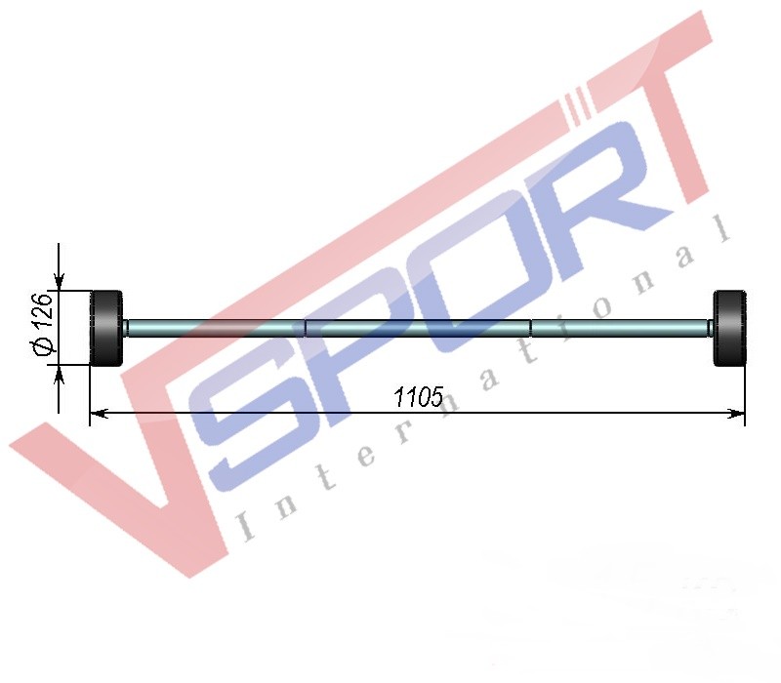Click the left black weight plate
point(106,328)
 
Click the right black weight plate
point(729,328)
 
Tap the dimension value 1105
point(418,397)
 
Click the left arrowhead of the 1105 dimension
point(99,413)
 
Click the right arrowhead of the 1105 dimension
point(736,413)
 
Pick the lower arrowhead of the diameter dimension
point(60,374)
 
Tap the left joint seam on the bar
point(305,328)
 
